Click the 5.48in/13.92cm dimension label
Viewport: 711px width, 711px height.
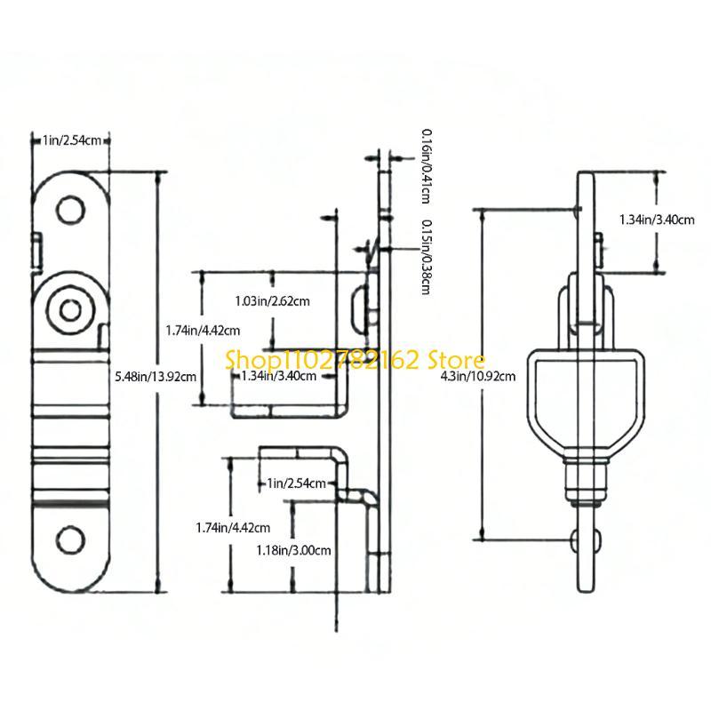[156, 376]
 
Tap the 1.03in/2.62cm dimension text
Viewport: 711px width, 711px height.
[273, 301]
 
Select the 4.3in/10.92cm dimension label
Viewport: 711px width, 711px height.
[478, 376]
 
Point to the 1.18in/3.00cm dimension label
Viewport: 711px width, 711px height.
[293, 550]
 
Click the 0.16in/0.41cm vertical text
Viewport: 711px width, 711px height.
[427, 166]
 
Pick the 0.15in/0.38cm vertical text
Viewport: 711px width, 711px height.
[427, 257]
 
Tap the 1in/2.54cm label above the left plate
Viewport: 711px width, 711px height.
[72, 140]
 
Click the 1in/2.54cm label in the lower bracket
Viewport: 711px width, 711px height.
[296, 483]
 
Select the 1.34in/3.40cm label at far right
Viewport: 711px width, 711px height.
[657, 220]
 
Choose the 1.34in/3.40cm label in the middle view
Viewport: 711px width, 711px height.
[278, 376]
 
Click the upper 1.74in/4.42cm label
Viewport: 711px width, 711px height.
[203, 331]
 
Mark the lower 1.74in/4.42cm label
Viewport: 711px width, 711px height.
[233, 528]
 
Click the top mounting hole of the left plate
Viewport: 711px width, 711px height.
[70, 210]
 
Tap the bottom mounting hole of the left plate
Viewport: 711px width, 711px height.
[70, 539]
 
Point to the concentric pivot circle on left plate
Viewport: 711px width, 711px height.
[70, 310]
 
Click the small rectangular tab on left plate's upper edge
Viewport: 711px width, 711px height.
[37, 251]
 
